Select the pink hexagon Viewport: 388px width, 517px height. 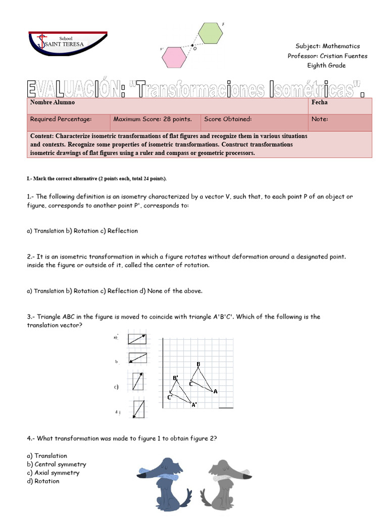pyautogui.click(x=174, y=57)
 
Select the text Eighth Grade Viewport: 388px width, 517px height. pyautogui.click(x=326, y=66)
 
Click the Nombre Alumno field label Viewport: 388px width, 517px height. pyautogui.click(x=53, y=102)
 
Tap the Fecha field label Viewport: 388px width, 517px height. pyautogui.click(x=319, y=102)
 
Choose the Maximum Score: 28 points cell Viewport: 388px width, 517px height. pyautogui.click(x=153, y=120)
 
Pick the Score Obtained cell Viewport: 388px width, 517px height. pyautogui.click(x=228, y=120)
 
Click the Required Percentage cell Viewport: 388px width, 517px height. pyautogui.click(x=61, y=120)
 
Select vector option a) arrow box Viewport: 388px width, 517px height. pyautogui.click(x=137, y=338)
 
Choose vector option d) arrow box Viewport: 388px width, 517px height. pyautogui.click(x=138, y=409)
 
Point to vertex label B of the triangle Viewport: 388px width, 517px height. pyautogui.click(x=198, y=364)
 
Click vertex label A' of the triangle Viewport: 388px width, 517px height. pyautogui.click(x=194, y=404)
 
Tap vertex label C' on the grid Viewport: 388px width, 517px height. pyautogui.click(x=170, y=397)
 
